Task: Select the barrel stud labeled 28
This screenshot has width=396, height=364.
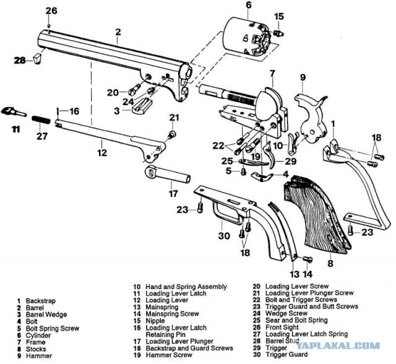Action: pyautogui.click(x=38, y=59)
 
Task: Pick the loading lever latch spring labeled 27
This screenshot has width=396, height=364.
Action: pyautogui.click(x=41, y=116)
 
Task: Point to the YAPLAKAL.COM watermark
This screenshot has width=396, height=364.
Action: pyautogui.click(x=360, y=347)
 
